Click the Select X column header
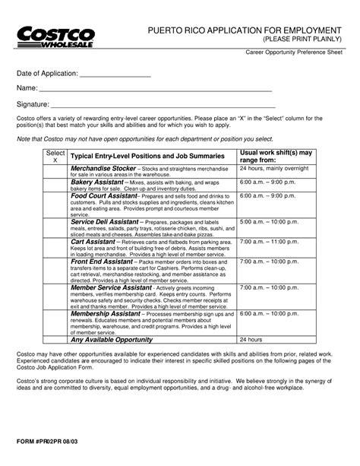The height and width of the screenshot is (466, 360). pos(54,157)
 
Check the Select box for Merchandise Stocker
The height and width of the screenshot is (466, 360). pos(54,172)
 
